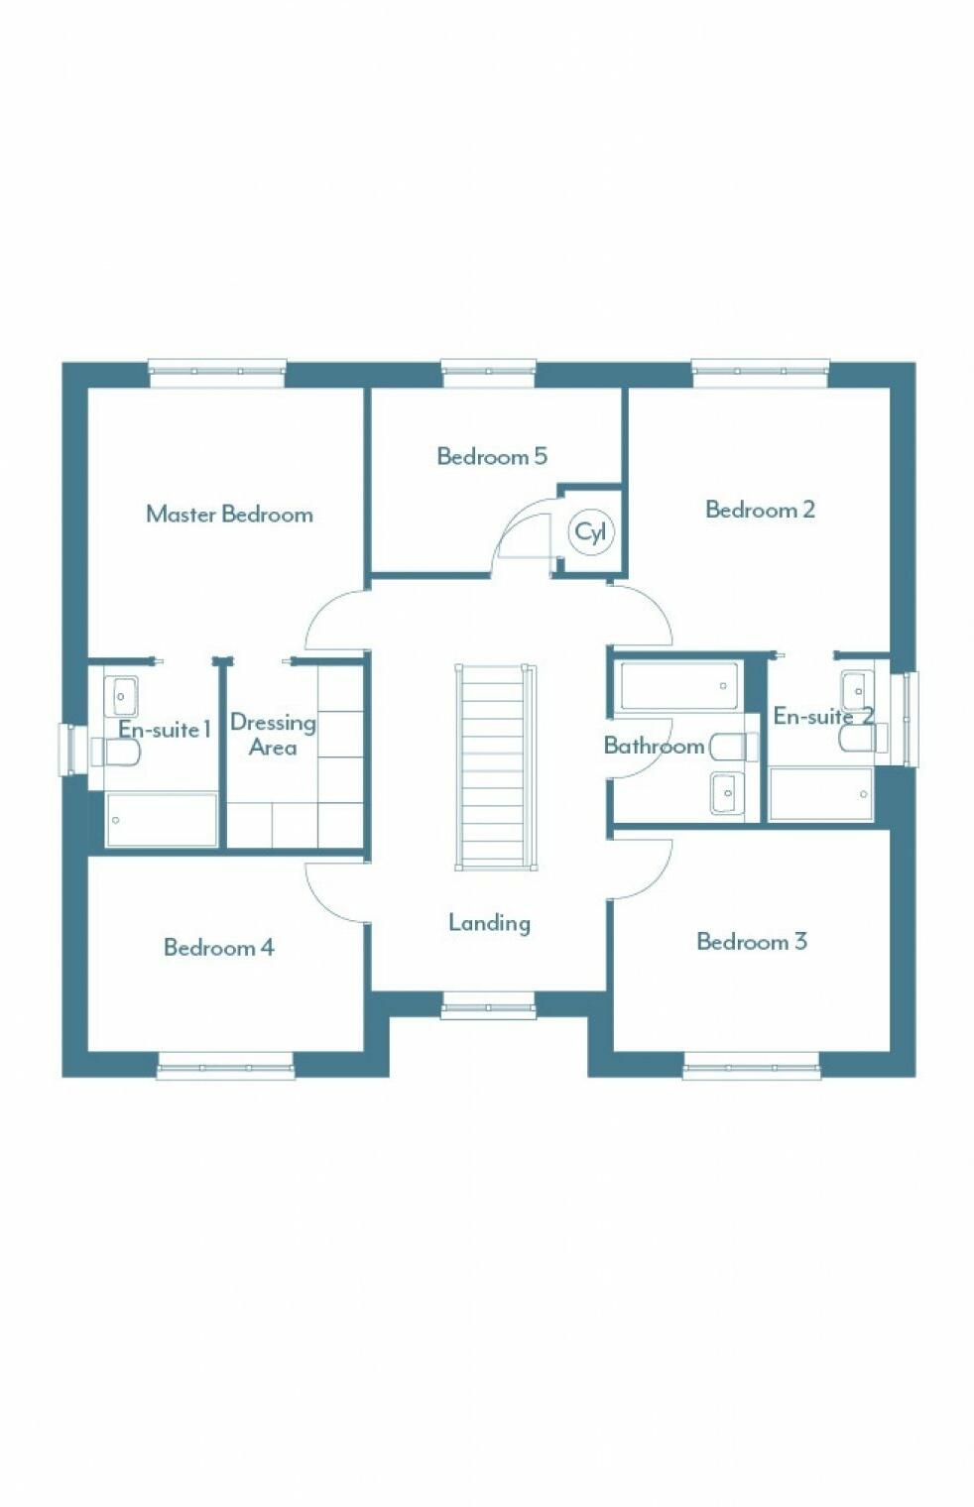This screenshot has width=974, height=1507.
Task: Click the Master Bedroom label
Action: (x=229, y=514)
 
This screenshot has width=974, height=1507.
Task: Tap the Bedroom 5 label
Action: (x=491, y=456)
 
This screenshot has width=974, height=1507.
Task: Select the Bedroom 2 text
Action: (x=760, y=510)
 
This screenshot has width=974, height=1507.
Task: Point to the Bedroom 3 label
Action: (x=751, y=941)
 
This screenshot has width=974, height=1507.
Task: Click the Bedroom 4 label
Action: (x=218, y=947)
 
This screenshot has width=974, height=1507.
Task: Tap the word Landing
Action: (x=489, y=922)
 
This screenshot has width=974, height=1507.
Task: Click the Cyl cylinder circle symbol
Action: (x=591, y=532)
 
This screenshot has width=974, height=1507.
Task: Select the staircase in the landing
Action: (x=495, y=766)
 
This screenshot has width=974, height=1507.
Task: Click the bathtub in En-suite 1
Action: (x=162, y=820)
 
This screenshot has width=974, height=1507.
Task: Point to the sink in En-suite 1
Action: (x=121, y=696)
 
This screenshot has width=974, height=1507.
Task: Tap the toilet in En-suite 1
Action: (x=116, y=753)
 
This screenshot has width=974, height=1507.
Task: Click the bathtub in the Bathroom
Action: (x=678, y=686)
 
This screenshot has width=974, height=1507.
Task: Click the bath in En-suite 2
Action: (x=821, y=794)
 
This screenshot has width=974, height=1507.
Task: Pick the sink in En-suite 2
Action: (x=856, y=689)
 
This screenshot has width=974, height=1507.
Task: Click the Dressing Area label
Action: (x=273, y=735)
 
